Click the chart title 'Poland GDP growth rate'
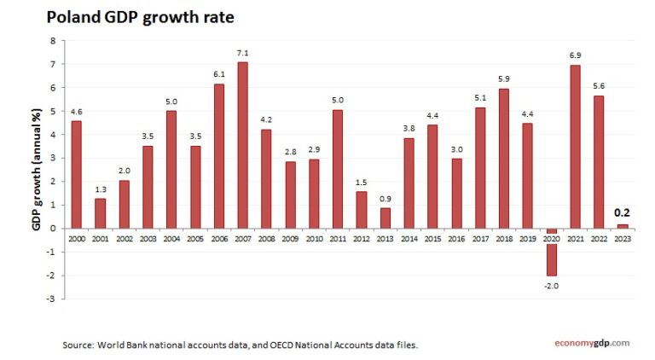140,16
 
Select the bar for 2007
243,145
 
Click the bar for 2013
385,218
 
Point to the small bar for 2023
622,226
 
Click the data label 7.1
243,53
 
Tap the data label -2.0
551,285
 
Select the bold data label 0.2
622,213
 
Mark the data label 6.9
575,56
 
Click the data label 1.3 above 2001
101,189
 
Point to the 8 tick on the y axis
52,40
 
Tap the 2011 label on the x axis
338,238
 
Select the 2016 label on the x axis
456,238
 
